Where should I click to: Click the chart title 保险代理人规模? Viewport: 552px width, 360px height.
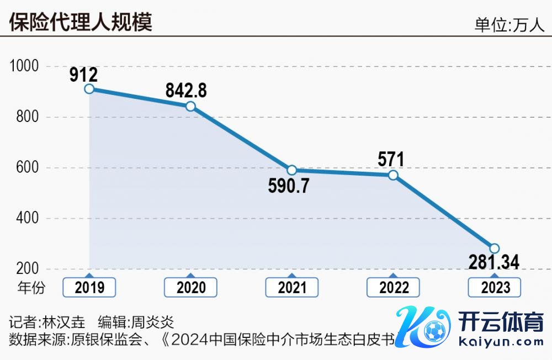coord(81,22)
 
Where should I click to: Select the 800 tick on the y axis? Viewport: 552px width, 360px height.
coord(28,117)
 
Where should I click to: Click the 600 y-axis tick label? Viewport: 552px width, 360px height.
coord(28,168)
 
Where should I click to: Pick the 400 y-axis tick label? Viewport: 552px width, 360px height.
coord(28,219)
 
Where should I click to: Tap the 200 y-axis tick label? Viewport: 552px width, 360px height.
coord(28,269)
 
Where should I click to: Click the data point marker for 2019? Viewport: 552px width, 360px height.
coord(89,89)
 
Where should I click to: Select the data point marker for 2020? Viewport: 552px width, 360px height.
coord(190,106)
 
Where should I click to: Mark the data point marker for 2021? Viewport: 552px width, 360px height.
coord(292,170)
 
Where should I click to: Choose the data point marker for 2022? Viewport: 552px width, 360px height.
coord(393,175)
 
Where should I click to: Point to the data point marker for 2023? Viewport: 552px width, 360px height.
coord(495,248)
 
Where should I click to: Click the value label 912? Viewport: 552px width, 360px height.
coord(83,74)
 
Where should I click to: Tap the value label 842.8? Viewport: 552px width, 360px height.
coord(187,91)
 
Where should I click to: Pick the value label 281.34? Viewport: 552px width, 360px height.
coord(494,262)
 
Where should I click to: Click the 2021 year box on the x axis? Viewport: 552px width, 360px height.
coord(292,287)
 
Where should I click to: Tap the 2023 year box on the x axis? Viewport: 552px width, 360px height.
coord(495,287)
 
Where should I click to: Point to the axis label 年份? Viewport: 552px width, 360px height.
coord(31,287)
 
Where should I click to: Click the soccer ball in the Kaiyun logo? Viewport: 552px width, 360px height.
coord(434,331)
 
